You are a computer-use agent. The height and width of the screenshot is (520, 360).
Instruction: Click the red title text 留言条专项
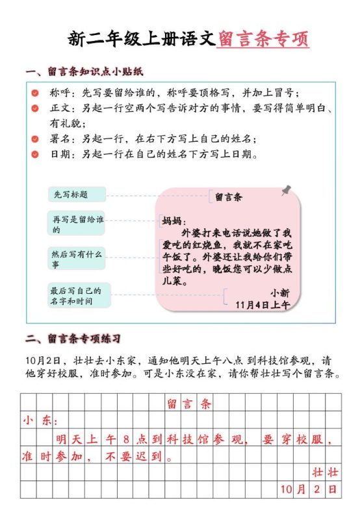pyautogui.click(x=263, y=38)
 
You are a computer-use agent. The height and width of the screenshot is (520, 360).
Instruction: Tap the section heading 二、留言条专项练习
pyautogui.click(x=72, y=339)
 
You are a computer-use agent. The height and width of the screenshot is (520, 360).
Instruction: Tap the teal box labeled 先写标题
pyautogui.click(x=77, y=194)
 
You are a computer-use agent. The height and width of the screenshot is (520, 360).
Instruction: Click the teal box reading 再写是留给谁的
pyautogui.click(x=77, y=224)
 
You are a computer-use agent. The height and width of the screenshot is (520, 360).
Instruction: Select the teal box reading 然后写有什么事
pyautogui.click(x=77, y=259)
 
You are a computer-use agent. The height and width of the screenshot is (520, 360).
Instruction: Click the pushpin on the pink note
pyautogui.click(x=286, y=190)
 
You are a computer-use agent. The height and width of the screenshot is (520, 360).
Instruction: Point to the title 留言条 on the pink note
pyautogui.click(x=228, y=196)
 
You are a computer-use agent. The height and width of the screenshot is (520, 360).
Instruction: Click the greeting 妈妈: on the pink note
pyautogui.click(x=174, y=221)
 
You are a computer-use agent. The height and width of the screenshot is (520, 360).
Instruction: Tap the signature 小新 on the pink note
pyautogui.click(x=280, y=292)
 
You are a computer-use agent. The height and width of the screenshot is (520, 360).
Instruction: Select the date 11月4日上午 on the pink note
pyautogui.click(x=263, y=304)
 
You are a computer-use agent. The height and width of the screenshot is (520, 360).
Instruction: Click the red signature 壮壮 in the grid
pyautogui.click(x=324, y=471)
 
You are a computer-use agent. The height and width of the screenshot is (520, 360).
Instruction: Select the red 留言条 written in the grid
pyautogui.click(x=189, y=404)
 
